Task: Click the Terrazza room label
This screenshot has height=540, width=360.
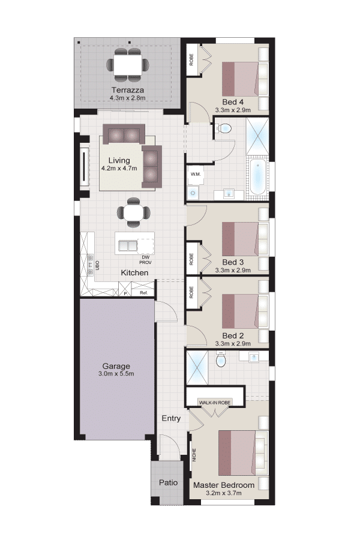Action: point(127,90)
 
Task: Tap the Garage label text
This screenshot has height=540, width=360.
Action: point(116,366)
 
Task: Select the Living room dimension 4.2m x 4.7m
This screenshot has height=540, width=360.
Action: point(119,169)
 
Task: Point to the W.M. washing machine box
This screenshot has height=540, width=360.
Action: point(196,174)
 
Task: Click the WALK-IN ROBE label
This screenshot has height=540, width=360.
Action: point(215,402)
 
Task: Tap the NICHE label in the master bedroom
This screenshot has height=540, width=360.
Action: point(194,455)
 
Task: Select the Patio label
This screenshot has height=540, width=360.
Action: point(169,482)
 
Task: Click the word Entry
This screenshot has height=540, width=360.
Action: point(171,418)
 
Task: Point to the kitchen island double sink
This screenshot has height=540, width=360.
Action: point(128,245)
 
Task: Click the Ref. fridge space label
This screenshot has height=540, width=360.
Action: point(143,293)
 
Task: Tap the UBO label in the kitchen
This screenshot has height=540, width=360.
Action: point(97,265)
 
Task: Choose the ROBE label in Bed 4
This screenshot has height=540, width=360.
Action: point(191,59)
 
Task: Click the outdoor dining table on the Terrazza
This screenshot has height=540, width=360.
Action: point(128,65)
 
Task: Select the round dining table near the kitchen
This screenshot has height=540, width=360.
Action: point(133,212)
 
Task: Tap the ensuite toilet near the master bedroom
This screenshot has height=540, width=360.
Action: point(220,359)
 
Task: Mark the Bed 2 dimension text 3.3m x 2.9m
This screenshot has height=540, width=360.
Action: point(233,343)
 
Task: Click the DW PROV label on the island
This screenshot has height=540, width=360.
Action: point(145,260)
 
